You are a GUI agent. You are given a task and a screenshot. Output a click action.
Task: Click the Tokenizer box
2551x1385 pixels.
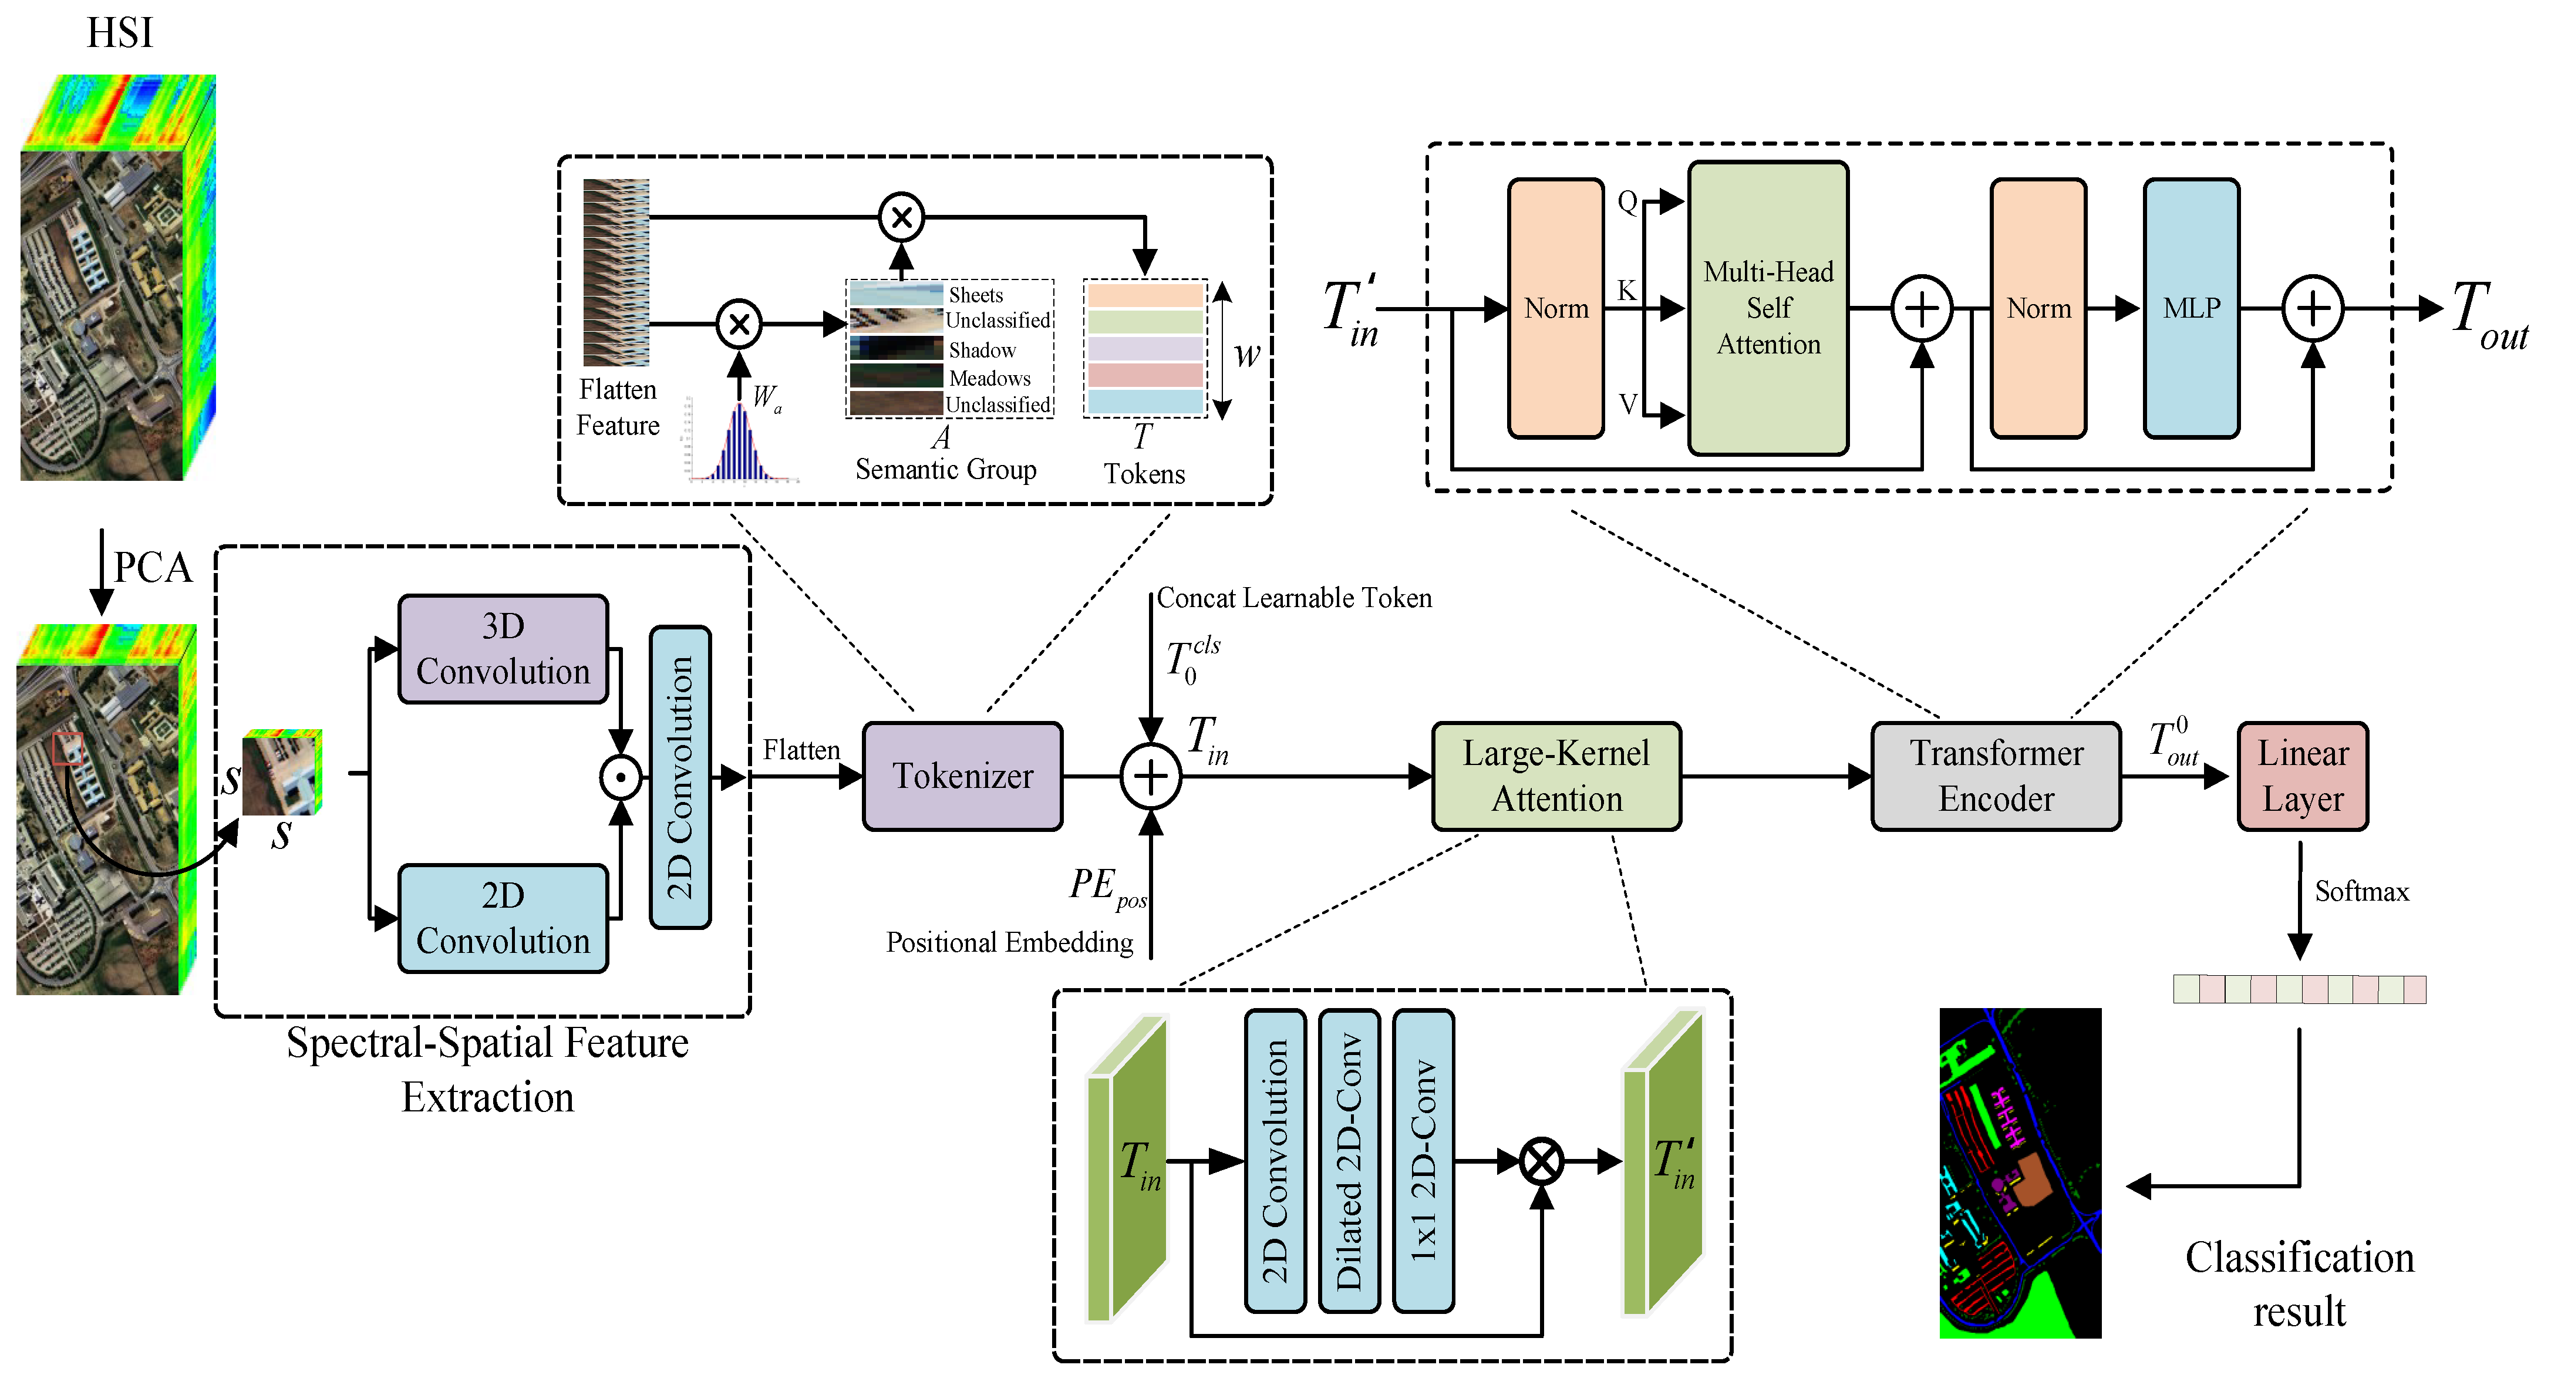point(962,776)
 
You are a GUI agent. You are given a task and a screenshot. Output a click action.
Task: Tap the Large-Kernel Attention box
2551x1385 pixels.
point(1556,776)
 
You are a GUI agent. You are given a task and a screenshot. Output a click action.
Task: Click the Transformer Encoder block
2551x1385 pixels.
point(1996,776)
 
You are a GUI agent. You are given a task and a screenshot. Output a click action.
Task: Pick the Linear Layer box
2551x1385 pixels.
point(2303,776)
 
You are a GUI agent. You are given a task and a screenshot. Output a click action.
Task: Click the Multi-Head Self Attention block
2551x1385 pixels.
point(1768,308)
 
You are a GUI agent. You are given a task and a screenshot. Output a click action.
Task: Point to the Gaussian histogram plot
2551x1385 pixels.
point(741,443)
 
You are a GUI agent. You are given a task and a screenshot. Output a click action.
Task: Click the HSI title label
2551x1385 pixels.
point(120,33)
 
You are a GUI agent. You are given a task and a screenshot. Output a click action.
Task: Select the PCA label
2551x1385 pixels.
point(153,567)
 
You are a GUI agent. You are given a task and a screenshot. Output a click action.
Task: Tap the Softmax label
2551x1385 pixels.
point(2361,892)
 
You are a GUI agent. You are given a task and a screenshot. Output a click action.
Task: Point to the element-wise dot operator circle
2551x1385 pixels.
point(621,777)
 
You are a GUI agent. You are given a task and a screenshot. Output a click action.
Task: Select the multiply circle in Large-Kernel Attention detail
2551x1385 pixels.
point(1541,1161)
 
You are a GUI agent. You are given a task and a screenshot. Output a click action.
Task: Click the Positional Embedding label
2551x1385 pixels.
point(1009,942)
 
